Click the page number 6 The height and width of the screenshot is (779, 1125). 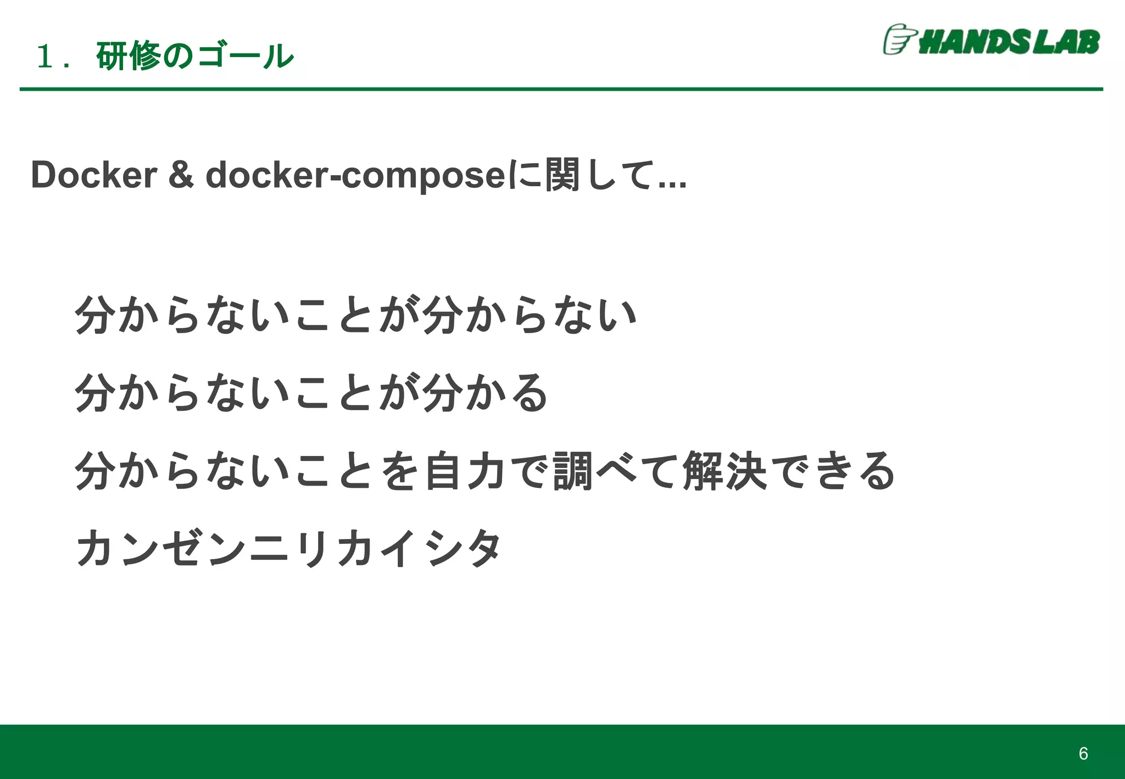click(x=1083, y=753)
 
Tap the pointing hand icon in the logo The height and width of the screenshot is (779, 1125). click(x=899, y=40)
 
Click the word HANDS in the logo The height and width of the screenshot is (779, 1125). click(x=974, y=42)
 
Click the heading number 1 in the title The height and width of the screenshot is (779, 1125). click(x=43, y=57)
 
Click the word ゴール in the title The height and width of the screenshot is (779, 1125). click(x=245, y=56)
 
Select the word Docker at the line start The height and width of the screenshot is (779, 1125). click(x=94, y=175)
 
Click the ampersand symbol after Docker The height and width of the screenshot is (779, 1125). click(x=181, y=175)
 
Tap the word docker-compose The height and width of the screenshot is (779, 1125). click(x=355, y=175)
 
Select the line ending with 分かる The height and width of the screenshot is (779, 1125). click(x=311, y=392)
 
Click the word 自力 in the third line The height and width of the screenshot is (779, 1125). click(x=465, y=470)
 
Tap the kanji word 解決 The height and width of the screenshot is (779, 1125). click(x=725, y=470)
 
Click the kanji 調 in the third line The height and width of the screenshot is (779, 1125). click(x=573, y=470)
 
